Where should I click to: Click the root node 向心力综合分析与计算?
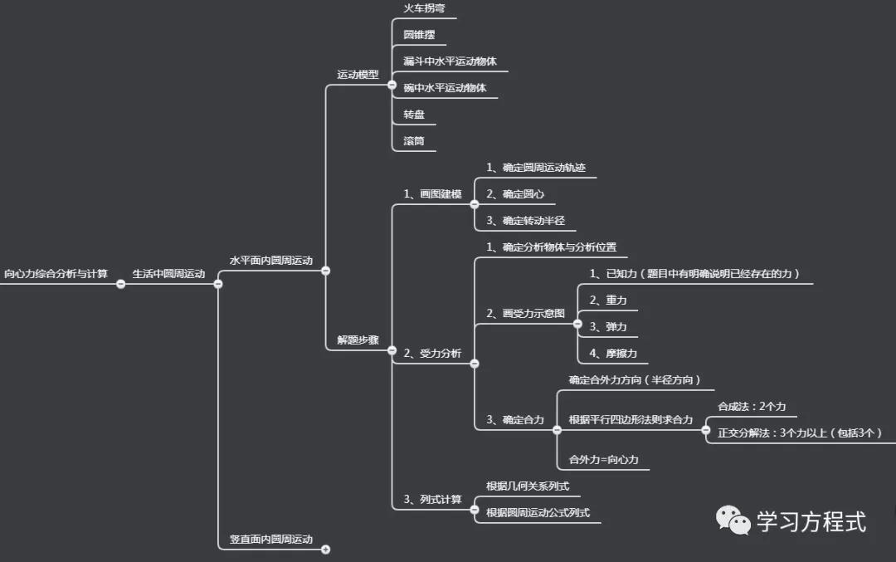[x=56, y=274]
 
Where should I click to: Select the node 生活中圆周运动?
[x=168, y=274]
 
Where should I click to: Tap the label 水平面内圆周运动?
[x=271, y=260]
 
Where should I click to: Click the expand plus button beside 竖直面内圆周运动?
[x=326, y=550]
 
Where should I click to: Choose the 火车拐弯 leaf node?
[x=424, y=8]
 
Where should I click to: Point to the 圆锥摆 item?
[x=419, y=35]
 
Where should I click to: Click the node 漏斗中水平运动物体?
[x=450, y=61]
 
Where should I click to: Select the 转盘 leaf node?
[x=414, y=115]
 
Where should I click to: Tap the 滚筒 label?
[x=414, y=140]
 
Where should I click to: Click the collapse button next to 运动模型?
[x=392, y=85]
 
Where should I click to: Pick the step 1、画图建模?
[x=432, y=193]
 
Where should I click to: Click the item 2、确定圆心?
[x=515, y=193]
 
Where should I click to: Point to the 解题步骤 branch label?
[x=358, y=340]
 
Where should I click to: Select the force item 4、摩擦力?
[x=613, y=354]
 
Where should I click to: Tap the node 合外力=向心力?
[x=603, y=460]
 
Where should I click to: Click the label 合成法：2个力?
[x=752, y=407]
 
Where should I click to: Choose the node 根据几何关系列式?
[x=528, y=486]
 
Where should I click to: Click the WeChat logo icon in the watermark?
[x=733, y=520]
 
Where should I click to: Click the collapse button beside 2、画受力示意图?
[x=577, y=324]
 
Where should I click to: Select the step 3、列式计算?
[x=432, y=499]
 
